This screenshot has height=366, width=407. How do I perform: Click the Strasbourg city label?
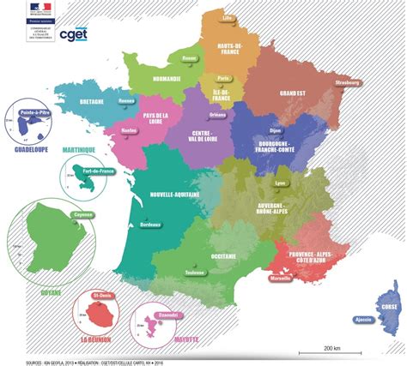(347, 83)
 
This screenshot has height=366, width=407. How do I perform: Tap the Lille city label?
(228, 17)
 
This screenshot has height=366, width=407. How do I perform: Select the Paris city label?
(222, 77)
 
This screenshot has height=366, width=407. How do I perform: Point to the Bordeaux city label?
(149, 224)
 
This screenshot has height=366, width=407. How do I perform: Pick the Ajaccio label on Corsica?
(363, 319)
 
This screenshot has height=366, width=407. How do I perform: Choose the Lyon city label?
(279, 183)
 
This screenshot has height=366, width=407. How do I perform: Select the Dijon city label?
(276, 131)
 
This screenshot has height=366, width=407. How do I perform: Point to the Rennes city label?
(127, 100)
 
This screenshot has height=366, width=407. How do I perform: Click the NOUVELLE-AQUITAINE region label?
(174, 195)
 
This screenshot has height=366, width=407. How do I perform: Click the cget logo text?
(75, 34)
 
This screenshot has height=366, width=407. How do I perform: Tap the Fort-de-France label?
(98, 172)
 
